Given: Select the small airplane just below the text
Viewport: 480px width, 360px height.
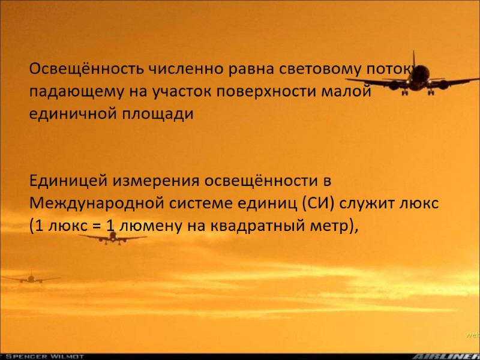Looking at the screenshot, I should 113,238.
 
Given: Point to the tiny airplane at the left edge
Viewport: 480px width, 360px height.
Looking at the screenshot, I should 30,278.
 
